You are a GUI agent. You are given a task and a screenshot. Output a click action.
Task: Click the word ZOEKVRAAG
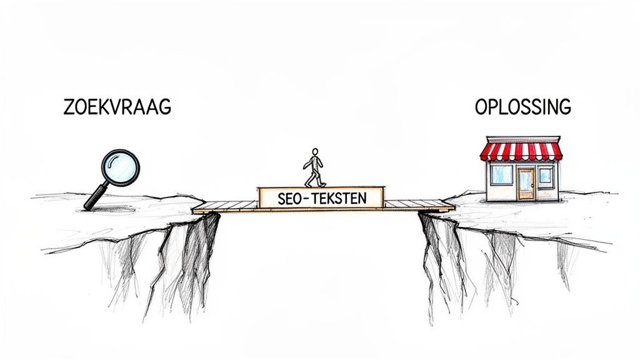click(x=117, y=107)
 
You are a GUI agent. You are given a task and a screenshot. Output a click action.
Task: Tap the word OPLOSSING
click(x=522, y=107)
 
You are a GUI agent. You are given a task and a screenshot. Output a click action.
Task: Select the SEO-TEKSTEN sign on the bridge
click(x=321, y=198)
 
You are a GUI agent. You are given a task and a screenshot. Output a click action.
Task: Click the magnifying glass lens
click(x=120, y=167)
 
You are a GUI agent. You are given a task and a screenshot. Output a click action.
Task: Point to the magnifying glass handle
click(x=96, y=196)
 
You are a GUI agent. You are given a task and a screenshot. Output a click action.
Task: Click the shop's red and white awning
click(x=521, y=151)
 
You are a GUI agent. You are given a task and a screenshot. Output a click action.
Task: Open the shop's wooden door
click(x=526, y=183)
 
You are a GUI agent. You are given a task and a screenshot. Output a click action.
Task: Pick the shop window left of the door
click(x=501, y=174)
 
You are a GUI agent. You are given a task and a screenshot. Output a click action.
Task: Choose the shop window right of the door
click(x=546, y=175)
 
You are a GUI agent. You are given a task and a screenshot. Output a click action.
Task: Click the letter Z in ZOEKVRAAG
click(x=69, y=107)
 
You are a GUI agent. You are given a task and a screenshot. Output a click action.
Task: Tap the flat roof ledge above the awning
click(x=521, y=140)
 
